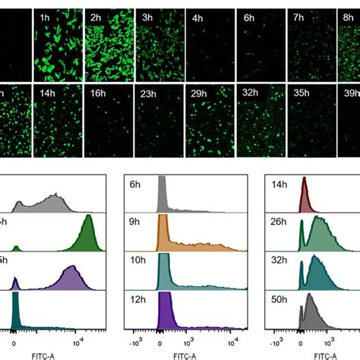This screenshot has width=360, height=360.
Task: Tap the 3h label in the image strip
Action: tap(146, 17)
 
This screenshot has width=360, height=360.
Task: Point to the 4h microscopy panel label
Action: tap(195, 17)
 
